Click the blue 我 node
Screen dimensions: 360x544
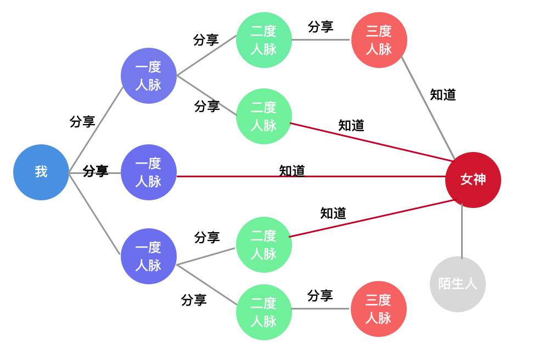(41, 172)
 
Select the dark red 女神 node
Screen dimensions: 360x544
(473, 179)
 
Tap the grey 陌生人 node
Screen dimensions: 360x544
(457, 284)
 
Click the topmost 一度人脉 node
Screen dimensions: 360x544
(148, 76)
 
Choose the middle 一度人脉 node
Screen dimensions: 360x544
(148, 172)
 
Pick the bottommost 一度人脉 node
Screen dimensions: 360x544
(148, 256)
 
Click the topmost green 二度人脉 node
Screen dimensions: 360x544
(263, 40)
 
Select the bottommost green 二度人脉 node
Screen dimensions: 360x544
(263, 312)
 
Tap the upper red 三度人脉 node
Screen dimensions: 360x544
(379, 40)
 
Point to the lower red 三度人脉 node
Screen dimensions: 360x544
(378, 309)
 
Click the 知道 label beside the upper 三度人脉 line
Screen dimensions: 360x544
(442, 94)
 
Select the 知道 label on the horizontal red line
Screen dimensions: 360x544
(291, 171)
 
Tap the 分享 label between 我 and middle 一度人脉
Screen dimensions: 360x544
(96, 171)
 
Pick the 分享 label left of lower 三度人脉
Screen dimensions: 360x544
(320, 296)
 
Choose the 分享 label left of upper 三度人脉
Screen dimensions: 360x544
(321, 26)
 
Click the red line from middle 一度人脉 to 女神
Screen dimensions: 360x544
(357, 177)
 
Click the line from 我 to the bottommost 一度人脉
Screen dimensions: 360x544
(94, 213)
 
